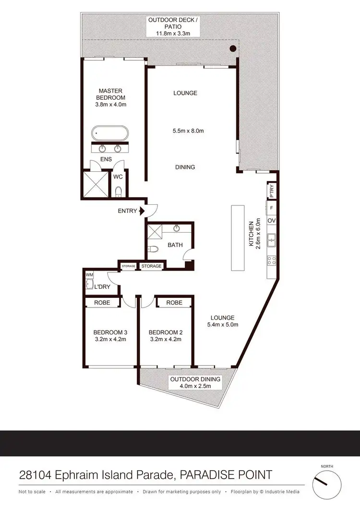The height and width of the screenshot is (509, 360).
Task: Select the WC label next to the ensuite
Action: click(119, 177)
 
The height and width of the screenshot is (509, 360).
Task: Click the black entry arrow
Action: click(142, 211)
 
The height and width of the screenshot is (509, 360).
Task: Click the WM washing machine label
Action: click(89, 274)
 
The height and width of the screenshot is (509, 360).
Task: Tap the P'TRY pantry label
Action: click(272, 191)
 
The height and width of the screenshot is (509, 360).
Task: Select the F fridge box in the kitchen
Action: click(272, 208)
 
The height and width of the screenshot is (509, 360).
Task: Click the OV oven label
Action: click(272, 221)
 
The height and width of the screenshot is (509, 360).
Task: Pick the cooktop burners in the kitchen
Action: click(272, 261)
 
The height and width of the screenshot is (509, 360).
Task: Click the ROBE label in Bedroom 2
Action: click(174, 303)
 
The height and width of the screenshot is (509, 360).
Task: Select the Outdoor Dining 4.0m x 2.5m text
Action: click(195, 383)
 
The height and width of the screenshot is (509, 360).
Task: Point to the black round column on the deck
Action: click(233, 48)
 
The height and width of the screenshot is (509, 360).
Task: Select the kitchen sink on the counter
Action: click(272, 238)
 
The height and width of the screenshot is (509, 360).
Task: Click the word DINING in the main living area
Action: click(185, 167)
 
